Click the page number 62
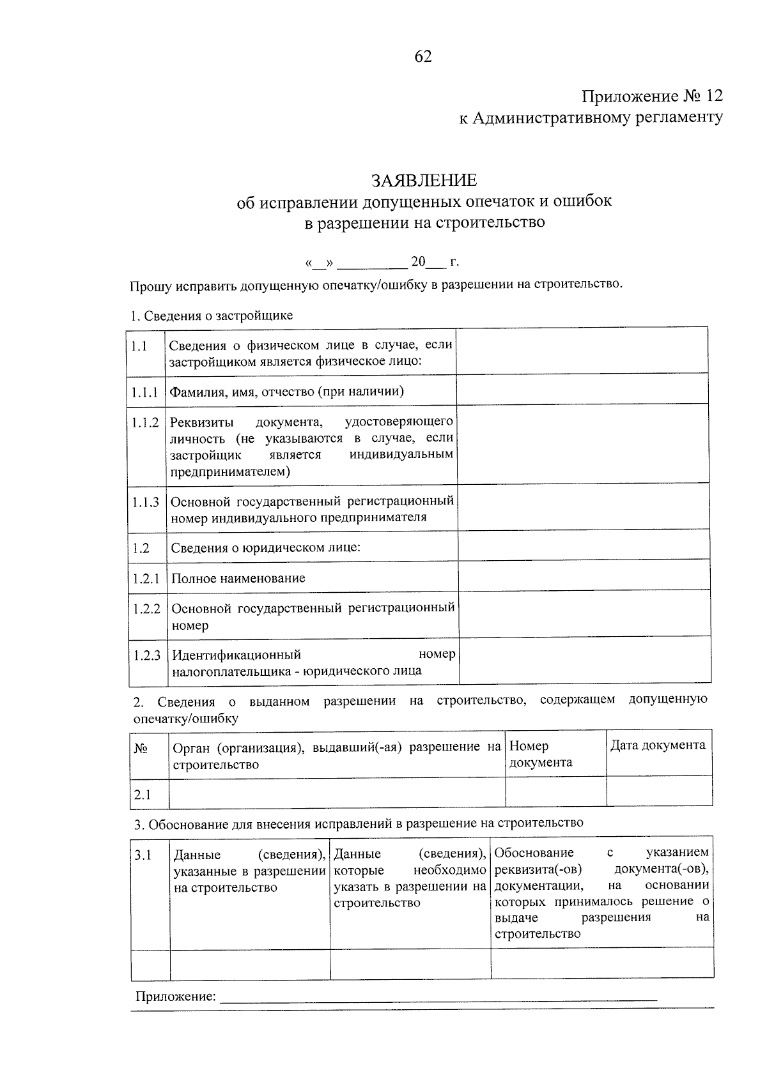click(x=423, y=57)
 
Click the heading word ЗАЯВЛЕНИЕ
click(x=424, y=180)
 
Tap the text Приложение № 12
click(x=652, y=96)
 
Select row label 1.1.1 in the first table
click(x=145, y=392)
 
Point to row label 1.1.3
click(x=146, y=502)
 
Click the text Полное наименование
click(x=238, y=578)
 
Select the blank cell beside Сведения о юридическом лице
click(x=584, y=547)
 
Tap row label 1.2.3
click(x=147, y=655)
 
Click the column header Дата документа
click(x=658, y=745)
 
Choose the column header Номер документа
click(x=541, y=754)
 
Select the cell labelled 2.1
click(x=143, y=795)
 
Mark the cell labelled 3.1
click(x=143, y=855)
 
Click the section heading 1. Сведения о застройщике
click(x=211, y=316)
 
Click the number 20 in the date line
click(x=418, y=262)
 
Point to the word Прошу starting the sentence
click(x=149, y=286)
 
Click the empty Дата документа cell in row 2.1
click(x=659, y=792)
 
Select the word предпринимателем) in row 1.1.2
click(x=230, y=472)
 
